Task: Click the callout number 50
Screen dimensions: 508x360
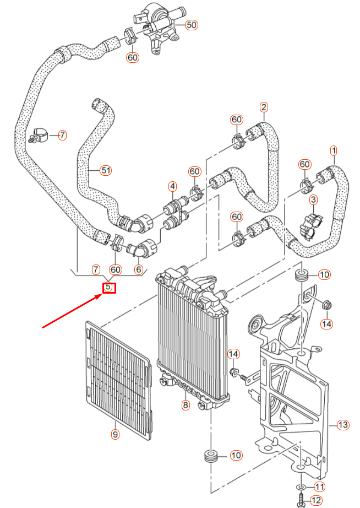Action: click(191, 25)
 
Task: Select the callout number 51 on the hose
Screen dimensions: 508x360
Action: click(106, 170)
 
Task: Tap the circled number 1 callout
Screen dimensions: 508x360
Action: click(333, 150)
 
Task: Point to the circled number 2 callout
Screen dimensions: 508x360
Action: click(264, 107)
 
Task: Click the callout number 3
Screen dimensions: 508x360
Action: click(313, 199)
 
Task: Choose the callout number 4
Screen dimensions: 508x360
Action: click(172, 186)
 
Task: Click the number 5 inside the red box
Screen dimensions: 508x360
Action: click(108, 287)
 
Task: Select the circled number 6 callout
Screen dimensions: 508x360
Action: click(138, 269)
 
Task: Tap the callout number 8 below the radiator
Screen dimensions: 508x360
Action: click(186, 406)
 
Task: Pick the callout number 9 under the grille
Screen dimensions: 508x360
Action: click(115, 435)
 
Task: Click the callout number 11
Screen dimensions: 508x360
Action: click(320, 487)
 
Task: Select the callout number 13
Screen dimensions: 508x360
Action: click(343, 425)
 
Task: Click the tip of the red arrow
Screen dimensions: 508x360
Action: click(101, 295)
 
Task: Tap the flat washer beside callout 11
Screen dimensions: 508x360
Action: click(301, 487)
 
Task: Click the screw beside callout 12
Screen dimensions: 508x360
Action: click(301, 500)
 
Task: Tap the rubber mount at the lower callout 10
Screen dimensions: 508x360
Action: click(211, 456)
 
